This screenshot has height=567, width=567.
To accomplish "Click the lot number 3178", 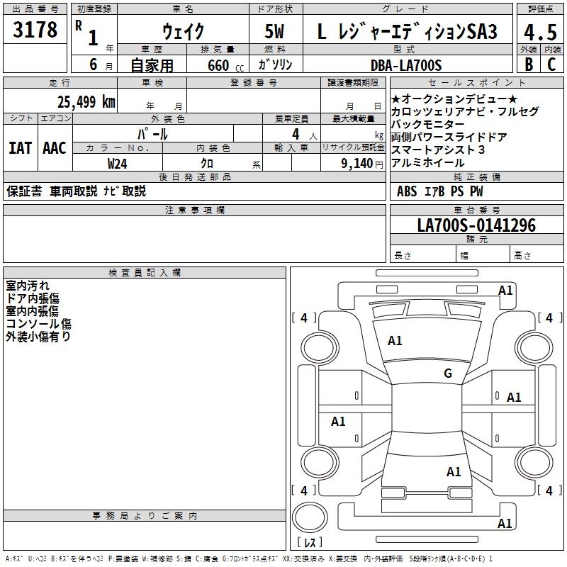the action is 35,30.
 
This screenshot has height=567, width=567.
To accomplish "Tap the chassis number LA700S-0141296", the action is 476,225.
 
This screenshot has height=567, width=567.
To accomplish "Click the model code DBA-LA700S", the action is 405,65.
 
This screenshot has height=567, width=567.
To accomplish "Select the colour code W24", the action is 118,162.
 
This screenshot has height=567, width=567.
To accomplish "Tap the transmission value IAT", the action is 20,148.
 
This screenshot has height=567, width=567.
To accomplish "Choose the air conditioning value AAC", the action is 54,148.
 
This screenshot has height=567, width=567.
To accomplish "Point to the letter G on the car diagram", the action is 447,374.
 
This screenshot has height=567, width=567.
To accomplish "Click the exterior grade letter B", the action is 527,65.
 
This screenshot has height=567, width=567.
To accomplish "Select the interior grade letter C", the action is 551,65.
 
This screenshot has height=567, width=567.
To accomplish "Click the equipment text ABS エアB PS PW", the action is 439,191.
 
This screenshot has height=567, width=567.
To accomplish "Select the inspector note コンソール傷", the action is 39,323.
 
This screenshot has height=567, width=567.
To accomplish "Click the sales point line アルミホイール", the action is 428,162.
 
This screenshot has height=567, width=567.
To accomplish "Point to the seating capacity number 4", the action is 295,133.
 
